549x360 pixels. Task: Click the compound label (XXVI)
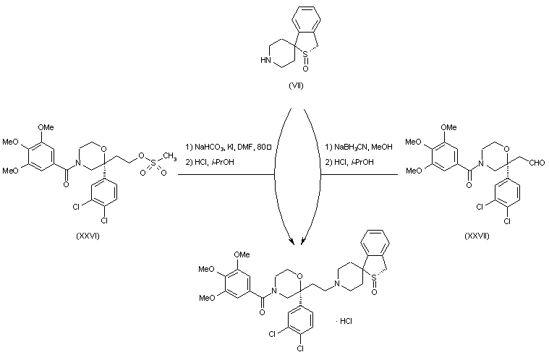86,236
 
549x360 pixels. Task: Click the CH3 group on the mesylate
170,154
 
